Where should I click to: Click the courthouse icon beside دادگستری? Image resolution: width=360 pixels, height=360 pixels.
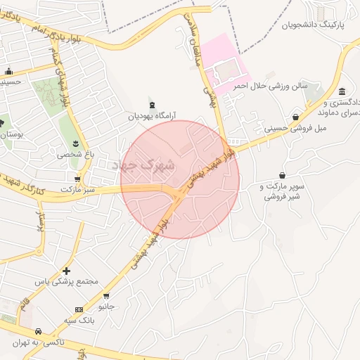tap(342, 92)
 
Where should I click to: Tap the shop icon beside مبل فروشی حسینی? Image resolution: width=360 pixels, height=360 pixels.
tap(296, 117)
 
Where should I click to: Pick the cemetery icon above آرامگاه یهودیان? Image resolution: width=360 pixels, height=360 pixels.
tap(151, 103)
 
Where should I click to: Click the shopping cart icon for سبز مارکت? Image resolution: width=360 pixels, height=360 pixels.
tap(77, 179)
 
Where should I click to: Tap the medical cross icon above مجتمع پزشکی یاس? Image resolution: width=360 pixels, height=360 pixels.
tap(67, 271)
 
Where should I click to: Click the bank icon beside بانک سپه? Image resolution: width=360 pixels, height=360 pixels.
tap(79, 310)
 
